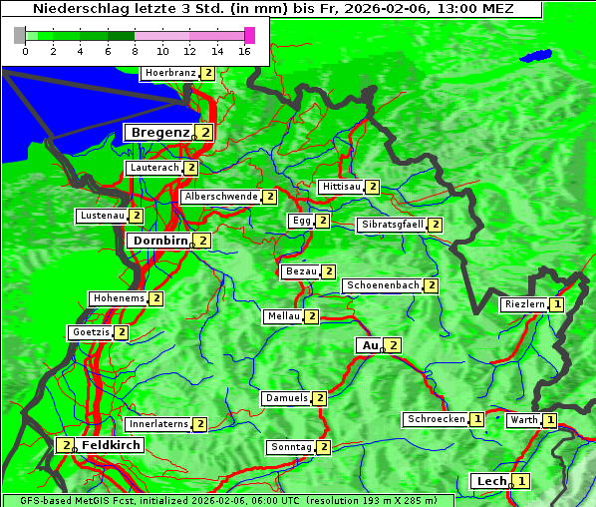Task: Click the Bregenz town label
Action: click(x=158, y=132)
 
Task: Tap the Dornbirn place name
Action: click(x=158, y=241)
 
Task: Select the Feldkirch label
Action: click(x=111, y=445)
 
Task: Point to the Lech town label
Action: click(x=491, y=481)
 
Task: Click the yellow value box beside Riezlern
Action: click(x=557, y=304)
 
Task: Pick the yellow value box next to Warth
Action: click(x=550, y=420)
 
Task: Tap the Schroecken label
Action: click(x=436, y=419)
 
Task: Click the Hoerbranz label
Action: click(x=168, y=73)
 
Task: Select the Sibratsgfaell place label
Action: click(x=392, y=225)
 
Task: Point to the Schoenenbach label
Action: click(x=383, y=285)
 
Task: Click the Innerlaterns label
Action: click(x=158, y=424)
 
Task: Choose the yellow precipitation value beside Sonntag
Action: click(x=324, y=447)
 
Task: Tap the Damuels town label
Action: click(x=286, y=398)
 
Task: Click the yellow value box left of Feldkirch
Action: click(x=65, y=445)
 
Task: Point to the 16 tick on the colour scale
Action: click(x=245, y=52)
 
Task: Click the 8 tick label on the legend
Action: click(x=135, y=52)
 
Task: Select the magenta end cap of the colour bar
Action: click(x=249, y=35)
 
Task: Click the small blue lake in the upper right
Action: click(x=539, y=55)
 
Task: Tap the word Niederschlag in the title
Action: click(x=85, y=9)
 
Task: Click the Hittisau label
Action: click(x=341, y=187)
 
